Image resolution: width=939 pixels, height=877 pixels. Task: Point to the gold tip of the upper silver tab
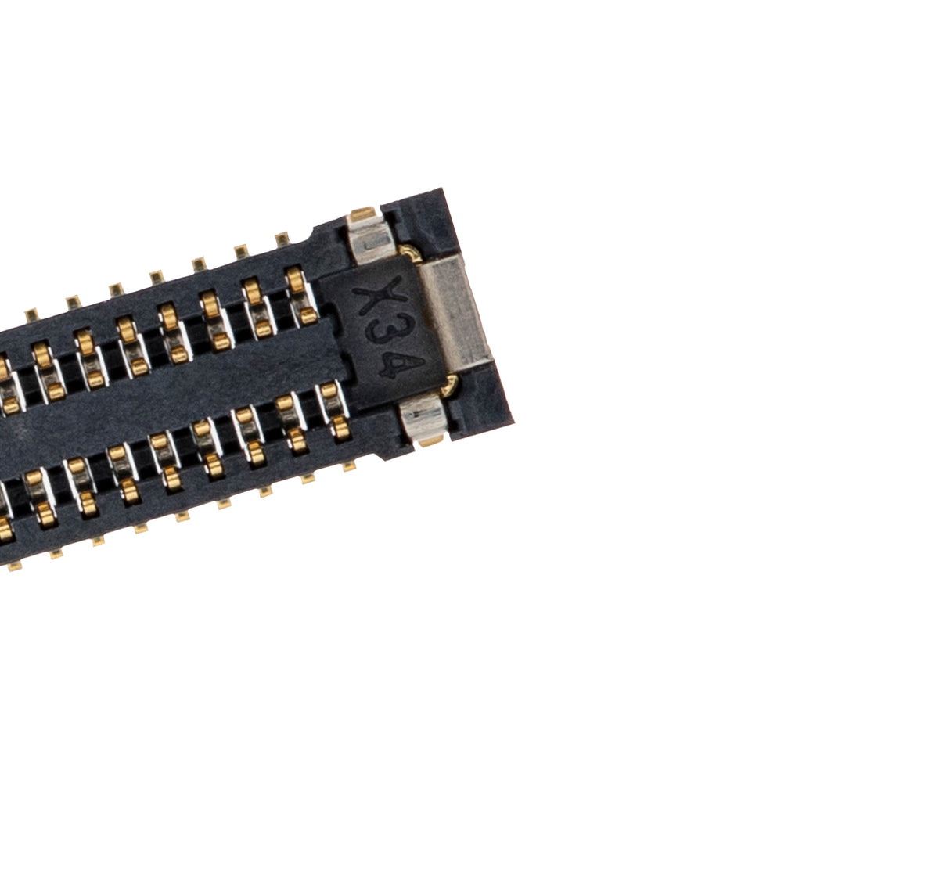click(x=362, y=213)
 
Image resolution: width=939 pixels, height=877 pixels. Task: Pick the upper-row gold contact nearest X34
click(x=297, y=294)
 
